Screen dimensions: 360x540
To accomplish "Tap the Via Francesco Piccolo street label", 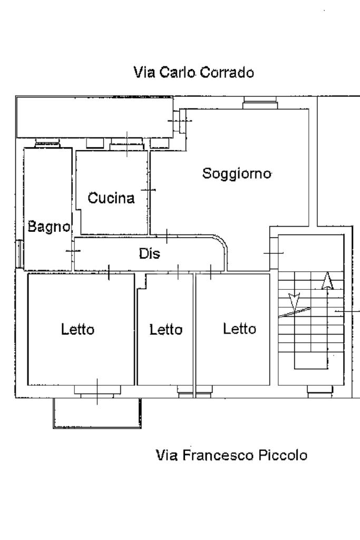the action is [231, 455].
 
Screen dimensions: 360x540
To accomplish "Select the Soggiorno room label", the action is [237, 173].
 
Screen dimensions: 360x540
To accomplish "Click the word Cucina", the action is [111, 199].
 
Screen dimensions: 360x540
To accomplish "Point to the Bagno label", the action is [49, 227].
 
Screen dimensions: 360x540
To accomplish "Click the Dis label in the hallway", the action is [149, 253].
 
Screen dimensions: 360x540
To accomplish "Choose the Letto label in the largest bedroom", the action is [77, 330].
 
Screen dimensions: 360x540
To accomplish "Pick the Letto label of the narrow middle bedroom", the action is [166, 330].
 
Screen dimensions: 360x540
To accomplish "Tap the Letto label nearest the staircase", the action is [239, 329].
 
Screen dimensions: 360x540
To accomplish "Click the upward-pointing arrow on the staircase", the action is [328, 281].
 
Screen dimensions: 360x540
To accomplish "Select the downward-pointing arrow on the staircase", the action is [294, 301].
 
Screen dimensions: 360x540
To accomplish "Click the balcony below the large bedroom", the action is [96, 413].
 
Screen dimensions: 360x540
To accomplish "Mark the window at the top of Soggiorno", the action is [259, 104].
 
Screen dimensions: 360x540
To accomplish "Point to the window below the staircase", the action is [320, 390].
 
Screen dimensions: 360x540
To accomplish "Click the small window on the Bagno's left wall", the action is [20, 253].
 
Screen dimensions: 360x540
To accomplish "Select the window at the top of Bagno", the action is [48, 142].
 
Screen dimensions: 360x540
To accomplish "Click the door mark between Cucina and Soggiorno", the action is [149, 190].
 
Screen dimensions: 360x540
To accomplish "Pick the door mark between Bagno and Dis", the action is [73, 251].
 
